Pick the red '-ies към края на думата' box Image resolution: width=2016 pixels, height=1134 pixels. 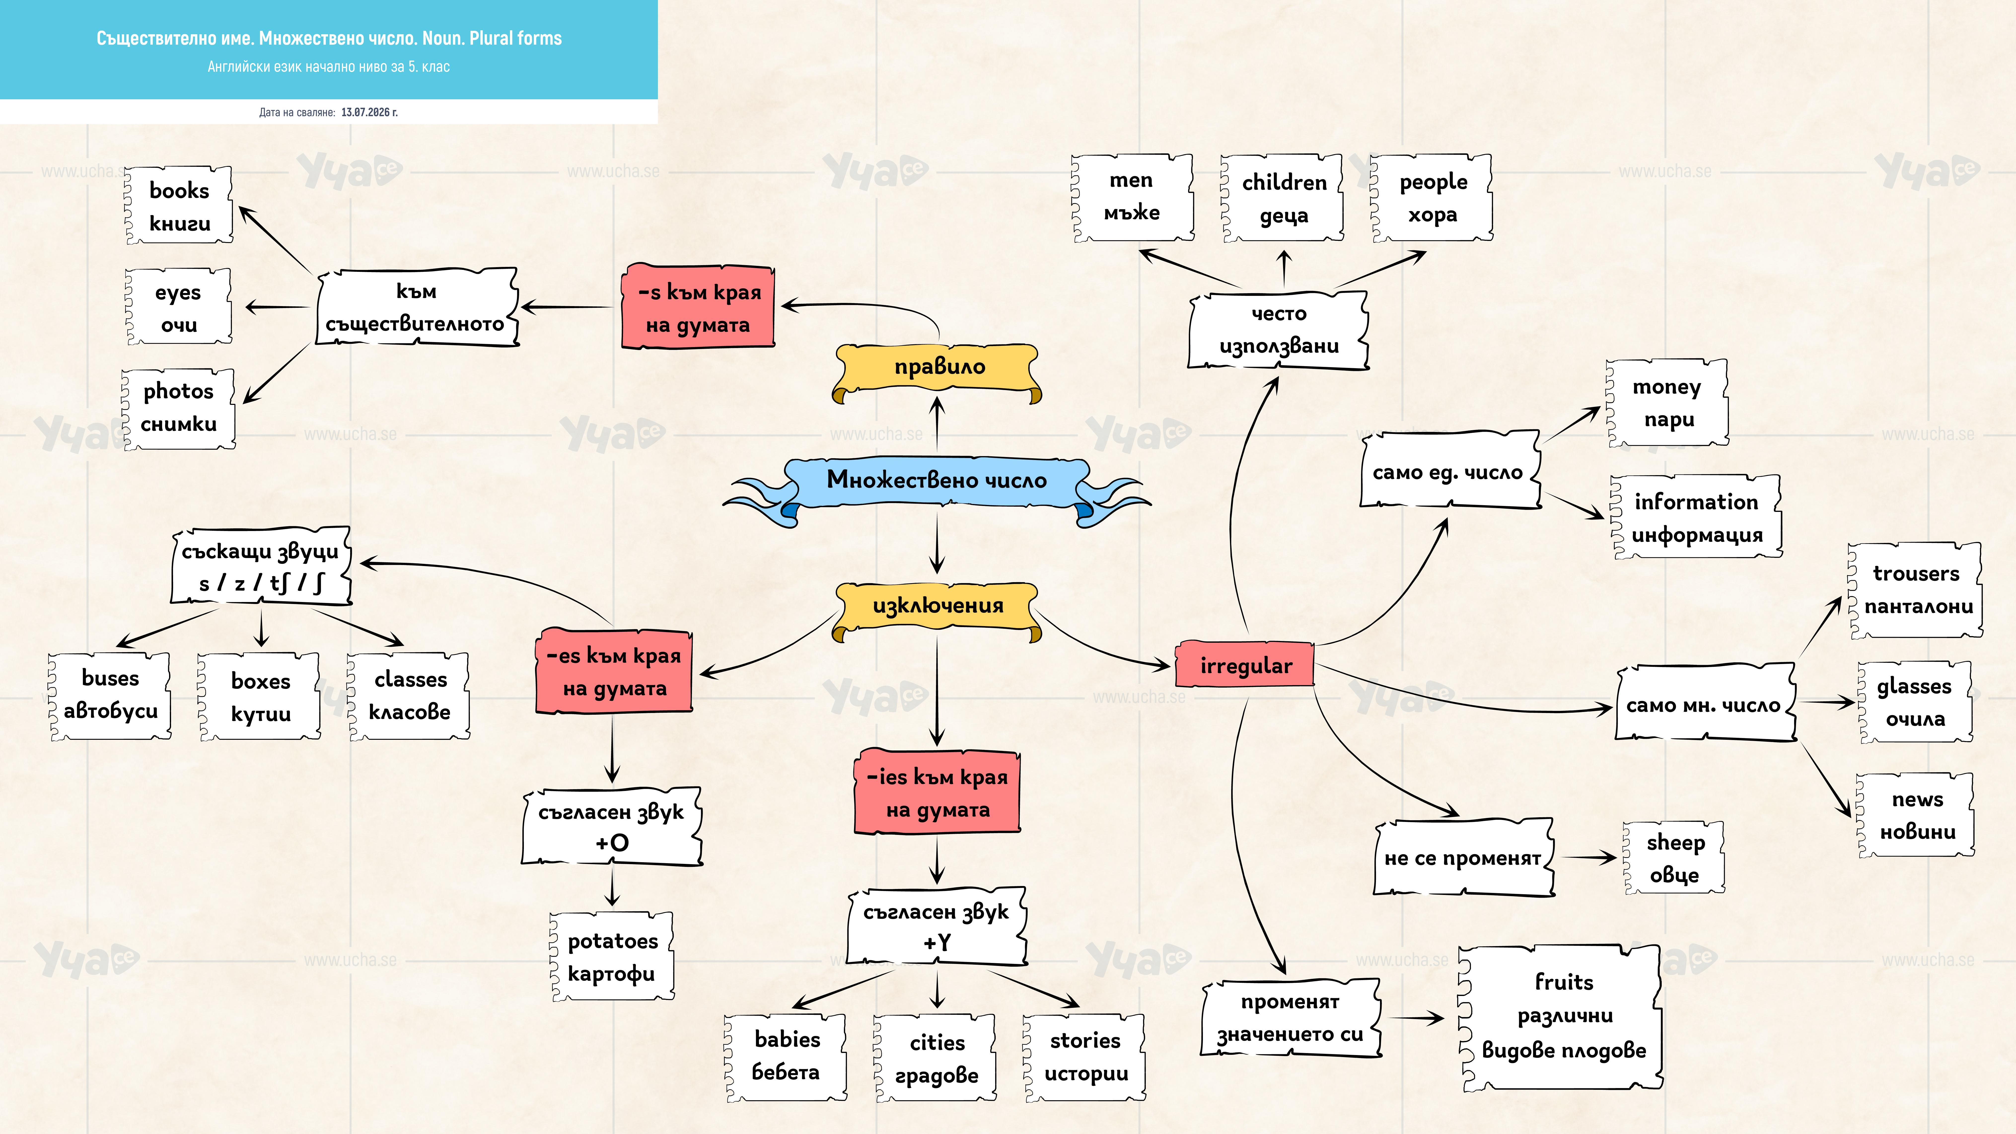click(937, 792)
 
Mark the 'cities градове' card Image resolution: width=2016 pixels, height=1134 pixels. click(936, 1058)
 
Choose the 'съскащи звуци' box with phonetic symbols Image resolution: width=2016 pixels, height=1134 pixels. click(261, 566)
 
